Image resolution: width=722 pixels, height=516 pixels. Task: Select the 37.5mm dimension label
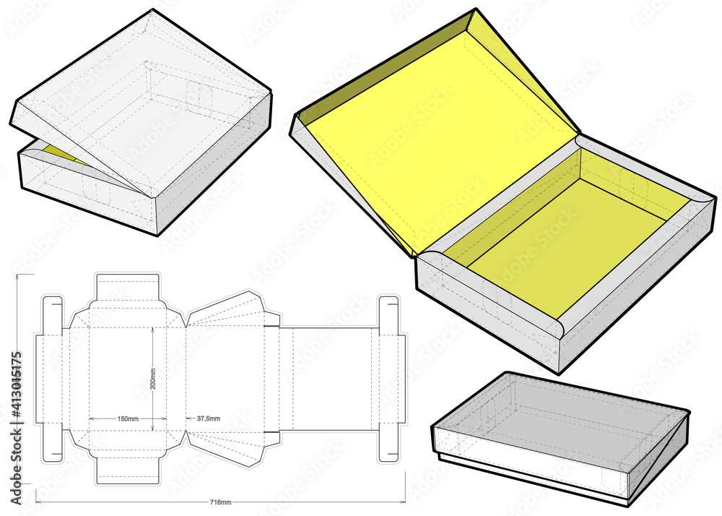208,419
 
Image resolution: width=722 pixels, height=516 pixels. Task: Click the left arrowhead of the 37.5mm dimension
189,419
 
